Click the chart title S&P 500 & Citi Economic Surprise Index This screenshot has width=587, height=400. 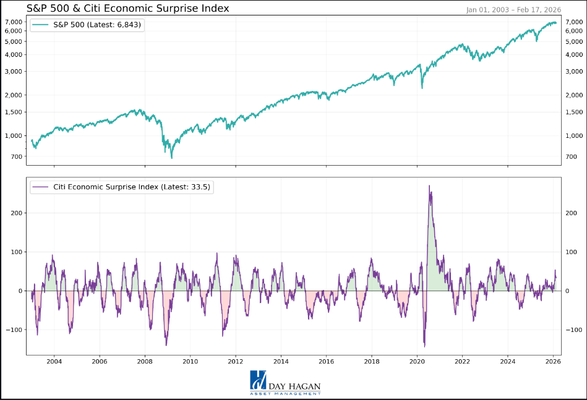pos(128,9)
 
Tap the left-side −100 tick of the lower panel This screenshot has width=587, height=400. pos(13,330)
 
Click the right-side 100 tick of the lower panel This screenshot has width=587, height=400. pos(572,252)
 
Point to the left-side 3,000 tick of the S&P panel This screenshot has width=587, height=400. pos(13,71)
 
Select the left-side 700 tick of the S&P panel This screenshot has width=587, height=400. pos(15,156)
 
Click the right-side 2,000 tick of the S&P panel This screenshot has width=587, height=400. pos(574,95)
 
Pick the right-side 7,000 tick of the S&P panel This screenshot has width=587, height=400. pos(574,22)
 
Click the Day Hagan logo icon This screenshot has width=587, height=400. pos(258,380)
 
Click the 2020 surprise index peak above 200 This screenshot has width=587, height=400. pos(429,185)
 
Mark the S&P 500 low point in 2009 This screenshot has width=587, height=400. pos(171,158)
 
